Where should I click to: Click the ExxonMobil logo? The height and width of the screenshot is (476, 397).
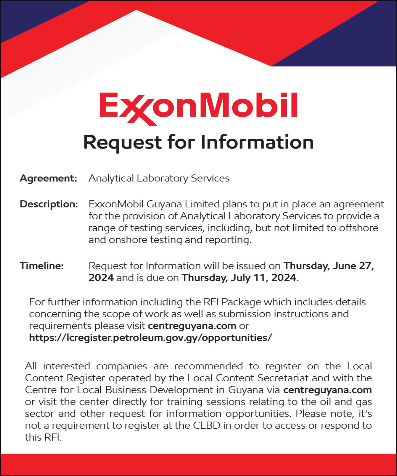pos(198,108)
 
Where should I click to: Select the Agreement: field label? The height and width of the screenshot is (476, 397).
pos(48,178)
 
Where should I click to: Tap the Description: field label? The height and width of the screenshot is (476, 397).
pos(49,204)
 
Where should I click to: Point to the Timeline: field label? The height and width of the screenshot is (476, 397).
pos(42,266)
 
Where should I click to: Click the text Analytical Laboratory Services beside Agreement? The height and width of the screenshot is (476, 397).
pos(159,178)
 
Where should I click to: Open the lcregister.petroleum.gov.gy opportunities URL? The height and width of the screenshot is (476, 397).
pos(150,338)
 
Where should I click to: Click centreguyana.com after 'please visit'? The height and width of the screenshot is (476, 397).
pos(192,326)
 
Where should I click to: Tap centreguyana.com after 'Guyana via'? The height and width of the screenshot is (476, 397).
pos(327,390)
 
